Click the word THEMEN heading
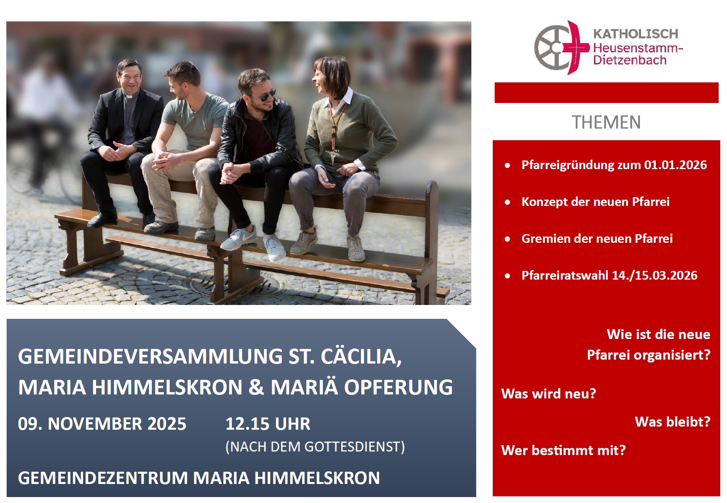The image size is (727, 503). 606,122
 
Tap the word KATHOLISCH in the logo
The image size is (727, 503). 636,34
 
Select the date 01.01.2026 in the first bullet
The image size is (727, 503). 675,165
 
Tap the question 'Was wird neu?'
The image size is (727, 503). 549,394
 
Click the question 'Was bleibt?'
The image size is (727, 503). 672,422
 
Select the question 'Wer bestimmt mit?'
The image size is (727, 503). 564,450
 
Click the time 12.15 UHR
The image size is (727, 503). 268,424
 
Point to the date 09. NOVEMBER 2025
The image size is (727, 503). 102,424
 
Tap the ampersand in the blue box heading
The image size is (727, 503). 256,387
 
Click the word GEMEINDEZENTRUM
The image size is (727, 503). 103,478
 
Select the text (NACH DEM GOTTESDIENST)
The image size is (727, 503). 315,447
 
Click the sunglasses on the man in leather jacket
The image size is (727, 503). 268,95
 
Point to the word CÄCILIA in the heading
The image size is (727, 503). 361,356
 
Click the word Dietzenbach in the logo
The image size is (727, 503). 630,60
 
